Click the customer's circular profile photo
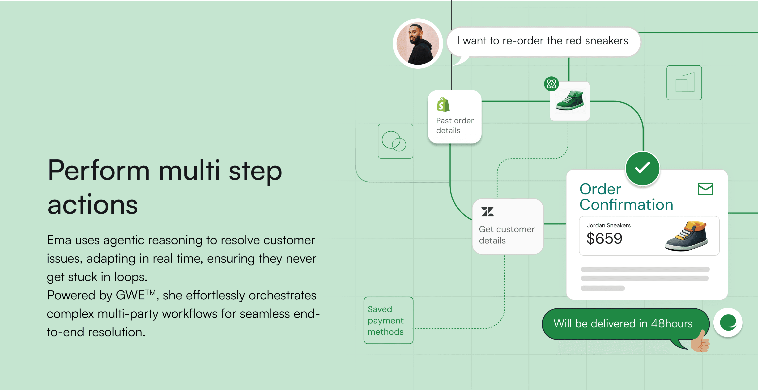click(418, 43)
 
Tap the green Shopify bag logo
click(443, 104)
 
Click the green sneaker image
click(570, 100)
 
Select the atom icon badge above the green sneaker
click(551, 84)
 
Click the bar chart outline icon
click(684, 83)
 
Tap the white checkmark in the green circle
click(642, 168)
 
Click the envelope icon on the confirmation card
click(705, 189)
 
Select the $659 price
click(605, 238)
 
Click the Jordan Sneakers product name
click(609, 225)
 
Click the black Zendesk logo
click(487, 212)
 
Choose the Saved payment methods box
click(388, 320)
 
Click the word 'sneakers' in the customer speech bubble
click(606, 41)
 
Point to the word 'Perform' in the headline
click(99, 170)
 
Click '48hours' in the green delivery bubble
click(672, 323)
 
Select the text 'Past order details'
click(455, 126)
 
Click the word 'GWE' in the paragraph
click(130, 295)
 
